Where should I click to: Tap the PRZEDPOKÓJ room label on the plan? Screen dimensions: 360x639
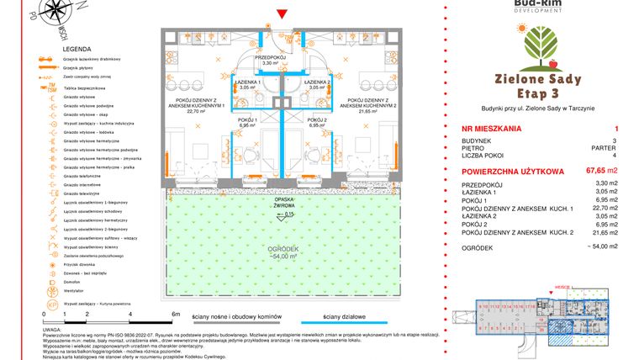[270, 58]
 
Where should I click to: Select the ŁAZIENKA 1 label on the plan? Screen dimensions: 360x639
[247, 83]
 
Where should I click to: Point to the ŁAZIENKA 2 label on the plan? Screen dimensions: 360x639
[316, 83]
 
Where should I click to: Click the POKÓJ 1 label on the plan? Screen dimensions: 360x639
[246, 122]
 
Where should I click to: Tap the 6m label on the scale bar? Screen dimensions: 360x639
[175, 313]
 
